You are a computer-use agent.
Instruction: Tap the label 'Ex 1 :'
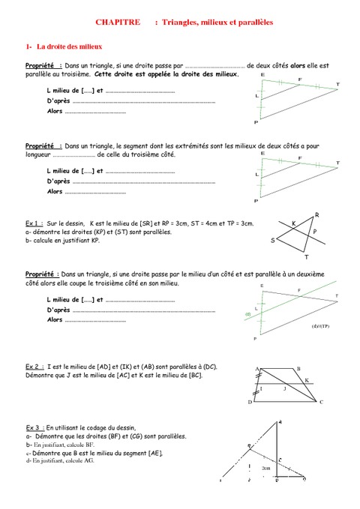tap(34, 223)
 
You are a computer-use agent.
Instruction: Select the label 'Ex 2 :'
tap(34, 365)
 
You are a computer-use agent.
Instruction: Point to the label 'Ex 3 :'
tap(34, 425)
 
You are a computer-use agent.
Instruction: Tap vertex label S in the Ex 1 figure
tap(273, 241)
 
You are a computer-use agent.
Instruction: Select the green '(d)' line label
tap(247, 313)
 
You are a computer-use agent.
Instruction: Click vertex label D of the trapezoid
tap(249, 403)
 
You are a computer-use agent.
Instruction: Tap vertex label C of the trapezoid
tap(321, 402)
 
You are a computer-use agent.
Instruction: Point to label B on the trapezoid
tap(298, 369)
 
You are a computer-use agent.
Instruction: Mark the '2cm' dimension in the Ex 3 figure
tap(266, 468)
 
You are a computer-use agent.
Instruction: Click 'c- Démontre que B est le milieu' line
tap(94, 454)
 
